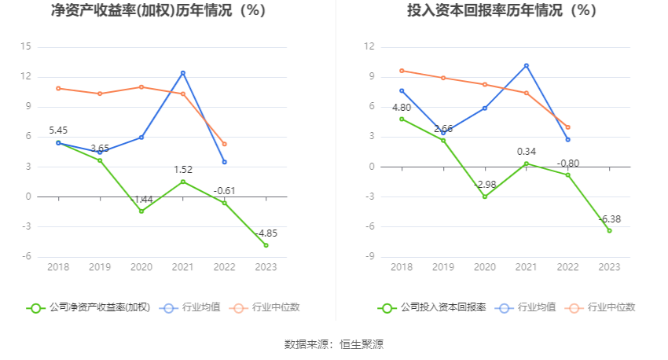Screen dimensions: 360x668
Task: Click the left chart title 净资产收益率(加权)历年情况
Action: (x=158, y=11)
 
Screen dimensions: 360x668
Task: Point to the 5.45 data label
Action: (x=59, y=130)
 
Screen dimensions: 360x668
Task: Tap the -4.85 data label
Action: (x=266, y=233)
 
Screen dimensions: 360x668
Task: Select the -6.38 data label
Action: (x=609, y=219)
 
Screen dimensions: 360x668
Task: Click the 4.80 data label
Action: (x=402, y=107)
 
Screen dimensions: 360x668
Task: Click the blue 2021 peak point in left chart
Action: (x=183, y=73)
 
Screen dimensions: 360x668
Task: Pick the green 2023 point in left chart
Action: (x=266, y=245)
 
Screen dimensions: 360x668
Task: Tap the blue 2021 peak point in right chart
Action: (x=527, y=65)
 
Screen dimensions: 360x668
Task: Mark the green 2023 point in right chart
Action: (x=609, y=230)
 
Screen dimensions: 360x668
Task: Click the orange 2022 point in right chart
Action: (x=567, y=127)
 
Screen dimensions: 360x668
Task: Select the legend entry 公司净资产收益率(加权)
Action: (x=88, y=307)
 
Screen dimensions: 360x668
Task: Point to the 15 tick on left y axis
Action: (x=26, y=47)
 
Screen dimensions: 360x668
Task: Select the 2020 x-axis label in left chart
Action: (x=141, y=267)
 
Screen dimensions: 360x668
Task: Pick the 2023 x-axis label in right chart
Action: (x=609, y=267)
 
